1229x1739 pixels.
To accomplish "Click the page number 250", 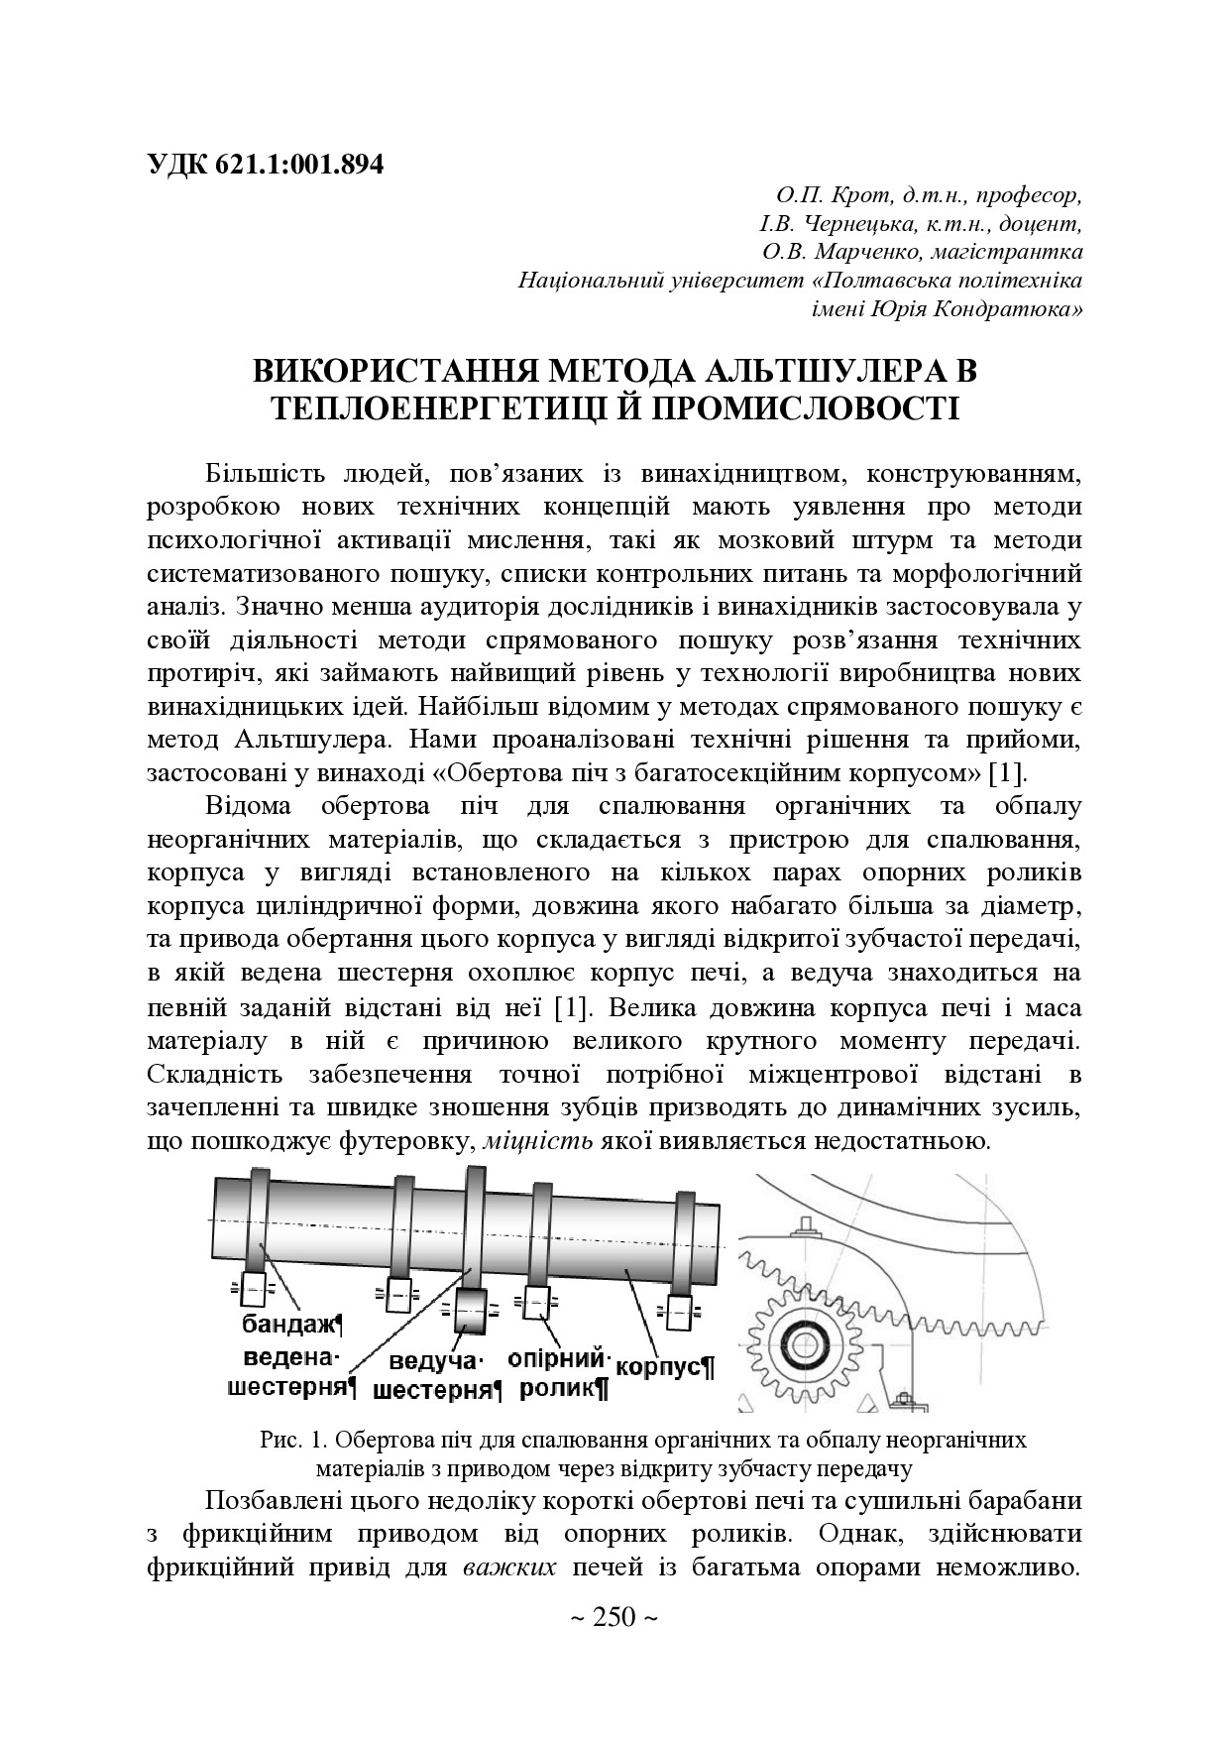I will pos(614,1618).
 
